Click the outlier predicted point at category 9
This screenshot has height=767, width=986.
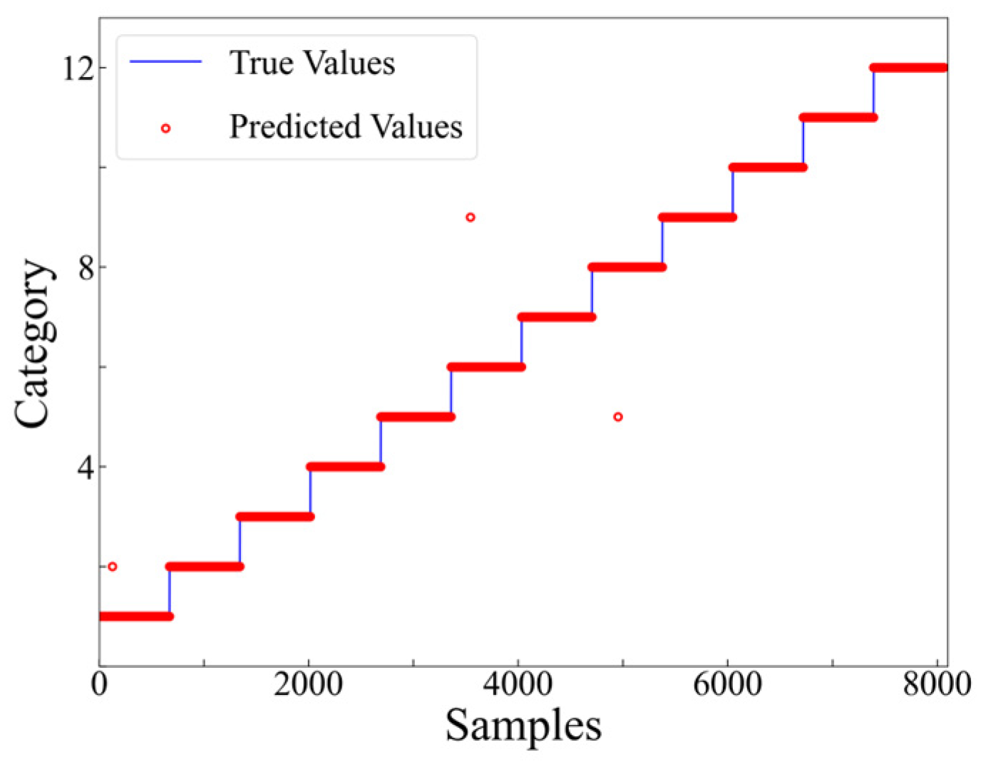(470, 217)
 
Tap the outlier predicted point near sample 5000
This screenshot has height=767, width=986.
(617, 417)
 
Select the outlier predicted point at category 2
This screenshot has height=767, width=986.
(112, 567)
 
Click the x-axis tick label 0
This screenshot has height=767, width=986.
(99, 684)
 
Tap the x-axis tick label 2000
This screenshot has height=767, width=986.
(308, 684)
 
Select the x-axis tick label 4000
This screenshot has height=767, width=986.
(518, 684)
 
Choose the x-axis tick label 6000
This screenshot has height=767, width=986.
(727, 684)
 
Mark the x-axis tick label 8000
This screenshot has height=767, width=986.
(936, 684)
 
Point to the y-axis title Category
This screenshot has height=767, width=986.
(34, 344)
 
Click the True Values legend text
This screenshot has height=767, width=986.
(312, 63)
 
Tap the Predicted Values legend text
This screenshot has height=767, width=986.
(346, 127)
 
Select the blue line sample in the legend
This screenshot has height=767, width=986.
(165, 62)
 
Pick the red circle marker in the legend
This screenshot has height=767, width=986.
(165, 128)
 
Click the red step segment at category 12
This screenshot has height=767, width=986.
(909, 68)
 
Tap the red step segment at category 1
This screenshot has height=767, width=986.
(135, 617)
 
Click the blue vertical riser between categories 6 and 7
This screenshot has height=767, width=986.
(521, 342)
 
